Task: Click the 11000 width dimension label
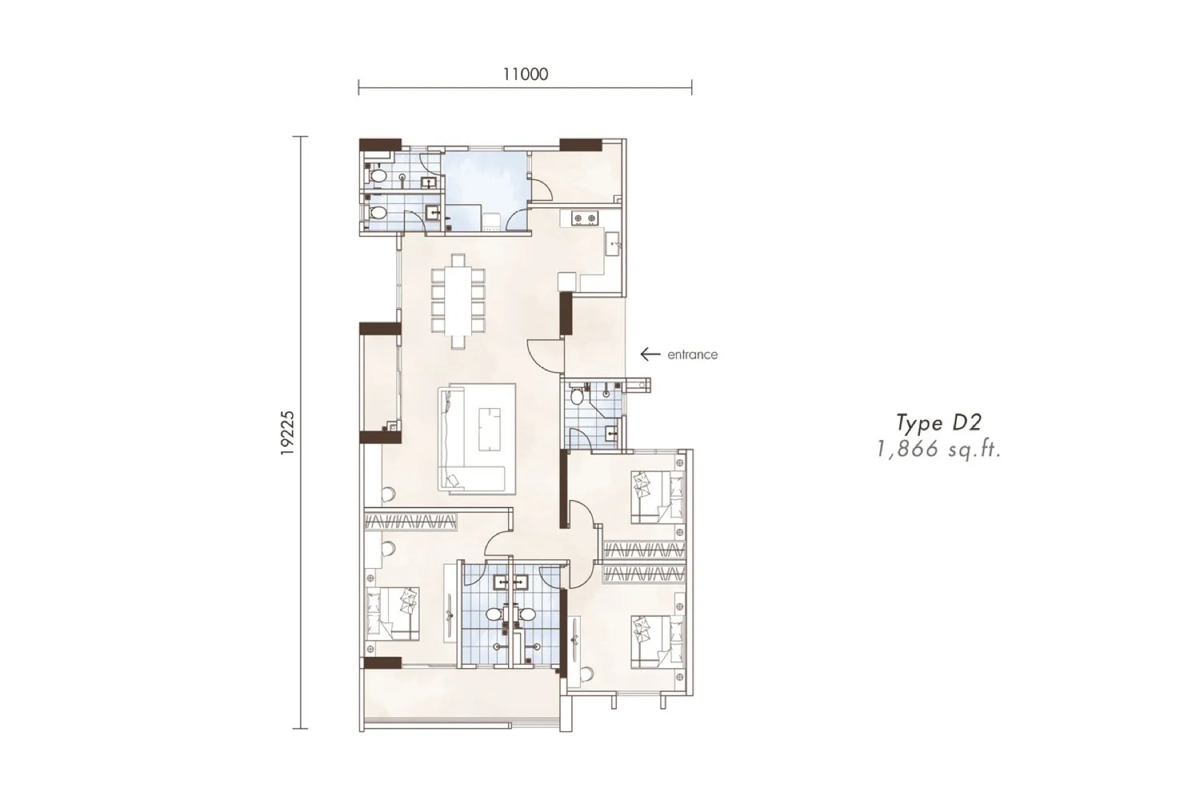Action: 525,74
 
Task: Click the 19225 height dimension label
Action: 287,433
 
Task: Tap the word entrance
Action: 693,355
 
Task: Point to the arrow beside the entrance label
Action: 650,355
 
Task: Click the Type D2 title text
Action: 939,423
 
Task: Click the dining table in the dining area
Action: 458,301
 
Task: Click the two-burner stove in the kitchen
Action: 583,218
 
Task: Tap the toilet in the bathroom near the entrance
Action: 577,396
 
